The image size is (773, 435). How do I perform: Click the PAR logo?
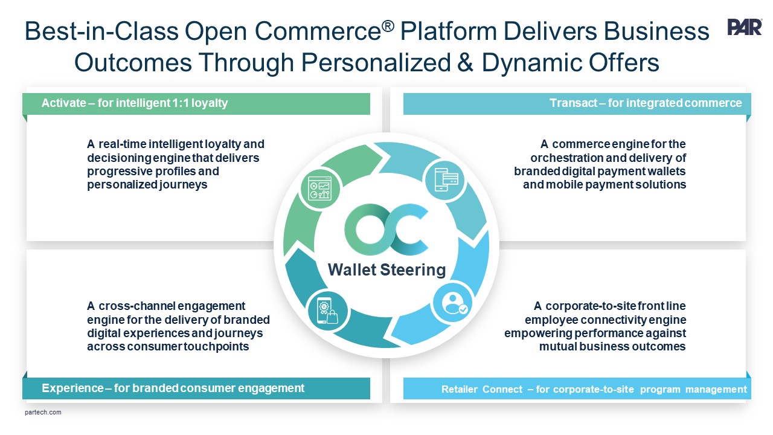pyautogui.click(x=745, y=27)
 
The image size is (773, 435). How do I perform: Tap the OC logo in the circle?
pyautogui.click(x=386, y=230)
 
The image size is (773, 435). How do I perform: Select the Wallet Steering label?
pyautogui.click(x=386, y=269)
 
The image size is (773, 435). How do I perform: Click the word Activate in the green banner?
pyautogui.click(x=63, y=103)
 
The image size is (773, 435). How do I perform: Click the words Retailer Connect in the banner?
pyautogui.click(x=481, y=390)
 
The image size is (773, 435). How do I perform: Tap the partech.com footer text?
pyautogui.click(x=43, y=413)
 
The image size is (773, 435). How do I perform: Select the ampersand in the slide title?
pyautogui.click(x=465, y=62)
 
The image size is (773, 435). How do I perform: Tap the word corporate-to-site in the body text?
pyautogui.click(x=587, y=306)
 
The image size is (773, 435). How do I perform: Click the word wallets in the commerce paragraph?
pyautogui.click(x=667, y=172)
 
